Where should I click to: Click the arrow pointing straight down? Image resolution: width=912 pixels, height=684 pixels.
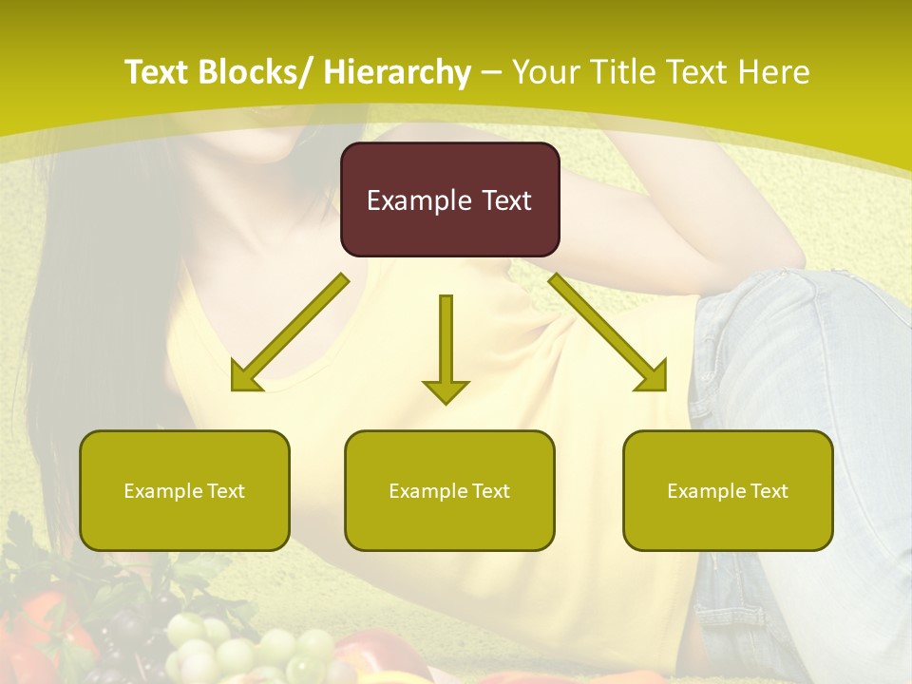click(446, 347)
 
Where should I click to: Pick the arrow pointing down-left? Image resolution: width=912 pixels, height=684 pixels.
click(290, 332)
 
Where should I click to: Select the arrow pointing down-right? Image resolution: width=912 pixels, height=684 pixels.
click(608, 332)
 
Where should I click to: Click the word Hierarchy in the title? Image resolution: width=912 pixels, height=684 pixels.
click(397, 72)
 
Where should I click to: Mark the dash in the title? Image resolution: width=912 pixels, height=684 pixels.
click(491, 73)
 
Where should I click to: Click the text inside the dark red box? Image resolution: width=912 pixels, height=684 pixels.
click(449, 200)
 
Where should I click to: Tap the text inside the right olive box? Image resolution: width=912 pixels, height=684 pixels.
click(728, 491)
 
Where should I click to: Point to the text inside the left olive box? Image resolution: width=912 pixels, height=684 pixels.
click(184, 491)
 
